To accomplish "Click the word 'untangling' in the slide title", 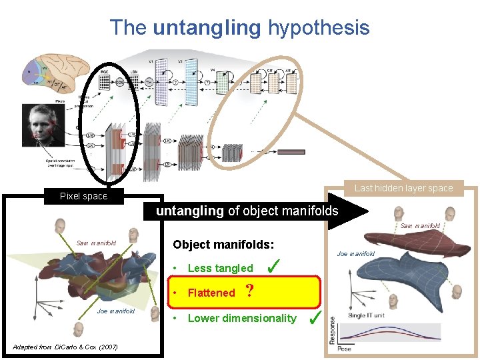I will [x=207, y=27].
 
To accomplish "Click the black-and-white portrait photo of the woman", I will [x=43, y=126].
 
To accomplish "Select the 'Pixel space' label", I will [x=83, y=196].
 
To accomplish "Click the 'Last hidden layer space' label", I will [x=403, y=188].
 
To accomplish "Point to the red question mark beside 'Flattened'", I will [x=249, y=291].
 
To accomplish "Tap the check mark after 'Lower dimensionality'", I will [x=317, y=317].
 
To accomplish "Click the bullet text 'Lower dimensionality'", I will [x=241, y=318].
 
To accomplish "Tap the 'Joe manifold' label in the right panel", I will [x=356, y=253].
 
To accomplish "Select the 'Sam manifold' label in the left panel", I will [x=96, y=243].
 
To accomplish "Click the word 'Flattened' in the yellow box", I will [x=211, y=293].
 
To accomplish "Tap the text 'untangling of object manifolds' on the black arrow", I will [x=247, y=211].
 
